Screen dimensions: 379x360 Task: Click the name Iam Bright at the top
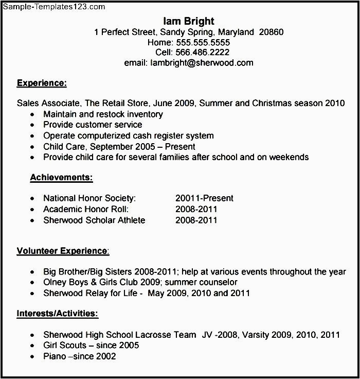coord(189,21)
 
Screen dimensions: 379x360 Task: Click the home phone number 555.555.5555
coord(203,42)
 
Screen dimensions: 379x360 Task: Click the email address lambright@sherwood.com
coord(202,63)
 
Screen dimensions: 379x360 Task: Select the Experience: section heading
coord(42,82)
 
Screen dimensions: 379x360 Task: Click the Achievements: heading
coord(61,178)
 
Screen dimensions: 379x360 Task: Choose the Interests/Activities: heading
coord(57,313)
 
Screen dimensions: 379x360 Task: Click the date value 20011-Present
coord(204,198)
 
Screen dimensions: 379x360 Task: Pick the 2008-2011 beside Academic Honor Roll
coord(196,209)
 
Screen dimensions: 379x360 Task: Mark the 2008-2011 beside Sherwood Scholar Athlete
coord(196,220)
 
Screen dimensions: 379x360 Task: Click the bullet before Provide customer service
coord(33,125)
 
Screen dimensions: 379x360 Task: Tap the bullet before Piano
coord(33,357)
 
